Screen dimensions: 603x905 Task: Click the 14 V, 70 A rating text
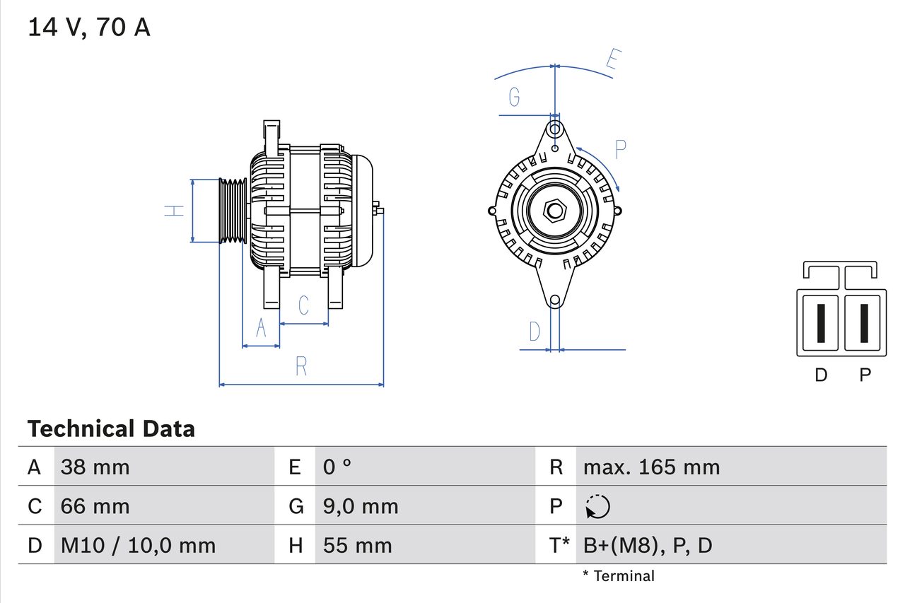pos(89,27)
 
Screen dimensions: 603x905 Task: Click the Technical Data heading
pos(111,428)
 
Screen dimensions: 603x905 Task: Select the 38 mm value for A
pos(95,467)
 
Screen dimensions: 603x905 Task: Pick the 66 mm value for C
pos(95,506)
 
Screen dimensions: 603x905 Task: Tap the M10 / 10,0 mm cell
pos(138,545)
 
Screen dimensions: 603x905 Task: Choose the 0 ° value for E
pos(337,467)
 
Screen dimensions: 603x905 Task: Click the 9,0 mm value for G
pos(361,506)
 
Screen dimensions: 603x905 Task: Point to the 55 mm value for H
pos(357,545)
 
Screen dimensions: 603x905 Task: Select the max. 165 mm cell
pos(651,467)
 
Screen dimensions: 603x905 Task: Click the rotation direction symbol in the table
pos(597,506)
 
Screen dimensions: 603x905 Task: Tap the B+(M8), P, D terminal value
pos(648,545)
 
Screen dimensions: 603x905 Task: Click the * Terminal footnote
pos(619,576)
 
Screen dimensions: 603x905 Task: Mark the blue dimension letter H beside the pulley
pos(174,210)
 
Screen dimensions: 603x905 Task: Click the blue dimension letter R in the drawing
pos(301,366)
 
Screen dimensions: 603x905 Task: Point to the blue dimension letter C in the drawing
pos(303,305)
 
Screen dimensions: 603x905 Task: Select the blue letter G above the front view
pos(514,96)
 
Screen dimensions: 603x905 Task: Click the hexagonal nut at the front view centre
pos(555,210)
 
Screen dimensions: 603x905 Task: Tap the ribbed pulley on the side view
pos(232,211)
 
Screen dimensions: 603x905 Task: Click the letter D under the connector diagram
pos(820,375)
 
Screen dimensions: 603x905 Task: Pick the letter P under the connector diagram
pos(865,375)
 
